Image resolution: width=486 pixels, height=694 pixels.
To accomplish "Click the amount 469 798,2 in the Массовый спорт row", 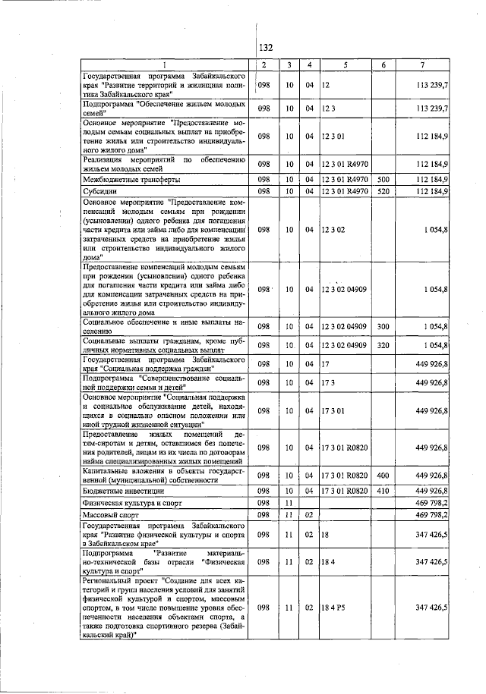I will pos(431,515).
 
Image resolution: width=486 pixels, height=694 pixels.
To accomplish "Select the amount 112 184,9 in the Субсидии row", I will pos(431,191).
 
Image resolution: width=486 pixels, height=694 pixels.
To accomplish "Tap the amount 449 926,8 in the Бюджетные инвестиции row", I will pos(431,491).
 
